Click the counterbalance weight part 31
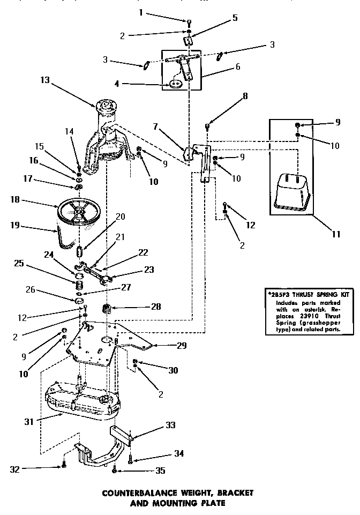click(80, 399)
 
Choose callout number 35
click(160, 472)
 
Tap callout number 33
click(170, 426)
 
